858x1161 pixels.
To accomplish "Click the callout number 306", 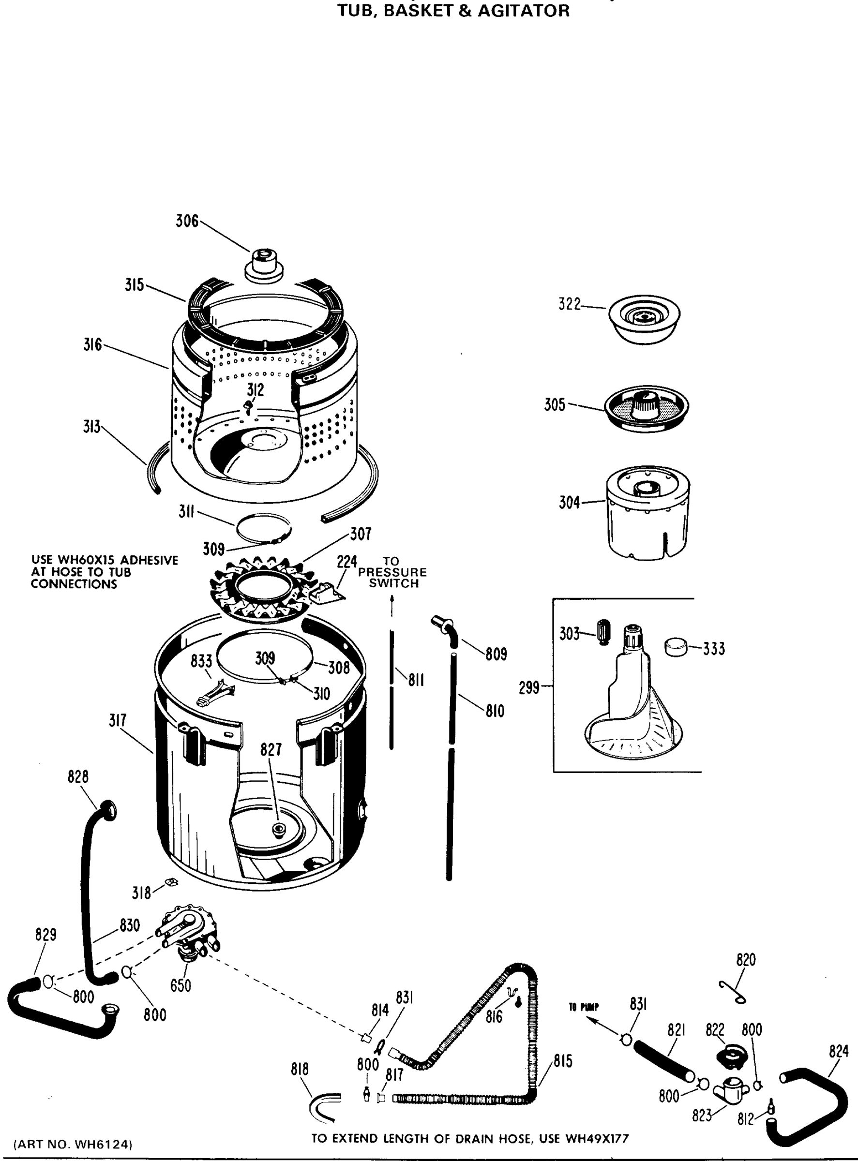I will click(187, 221).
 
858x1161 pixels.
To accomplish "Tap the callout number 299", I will click(529, 688).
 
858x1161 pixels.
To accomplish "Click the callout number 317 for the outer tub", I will click(118, 721).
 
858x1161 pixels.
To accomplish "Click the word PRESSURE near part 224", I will click(392, 572).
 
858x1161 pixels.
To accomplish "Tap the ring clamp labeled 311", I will click(263, 528).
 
